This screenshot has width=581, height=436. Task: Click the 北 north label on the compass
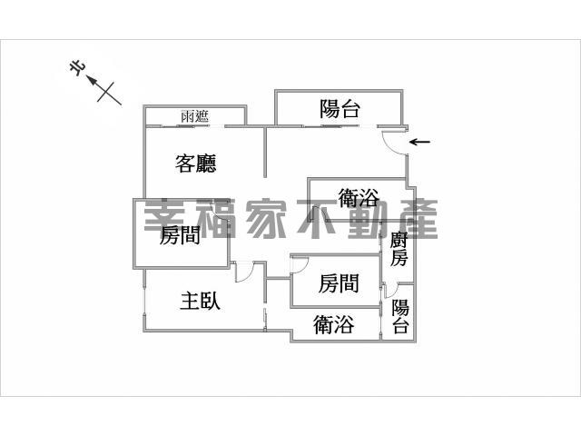tap(77, 69)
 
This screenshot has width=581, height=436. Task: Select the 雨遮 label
tap(195, 116)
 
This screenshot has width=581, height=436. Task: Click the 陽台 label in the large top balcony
tap(340, 109)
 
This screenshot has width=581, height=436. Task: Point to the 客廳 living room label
tap(196, 163)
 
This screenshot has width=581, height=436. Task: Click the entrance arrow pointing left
tap(419, 142)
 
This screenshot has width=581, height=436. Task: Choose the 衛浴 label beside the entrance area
tap(359, 198)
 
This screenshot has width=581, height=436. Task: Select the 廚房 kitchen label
tap(399, 249)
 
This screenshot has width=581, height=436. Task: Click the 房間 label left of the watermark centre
tap(180, 235)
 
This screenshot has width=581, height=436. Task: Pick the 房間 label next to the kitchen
tap(339, 283)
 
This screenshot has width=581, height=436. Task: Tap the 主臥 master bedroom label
tap(200, 301)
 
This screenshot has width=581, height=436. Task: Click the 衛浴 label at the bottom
tap(333, 324)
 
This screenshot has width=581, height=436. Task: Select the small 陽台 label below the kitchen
tap(400, 316)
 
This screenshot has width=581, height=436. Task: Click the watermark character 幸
tap(164, 218)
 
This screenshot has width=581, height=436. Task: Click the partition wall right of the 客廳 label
tap(265, 152)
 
